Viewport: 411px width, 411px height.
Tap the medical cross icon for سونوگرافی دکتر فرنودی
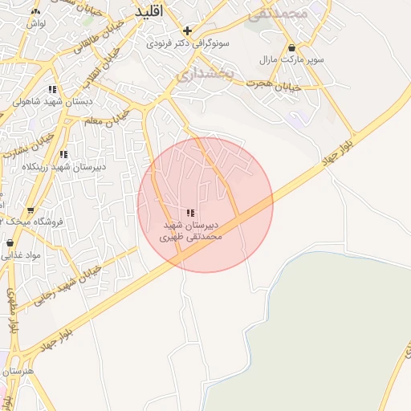click(187, 31)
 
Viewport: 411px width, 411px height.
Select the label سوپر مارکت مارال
click(279, 59)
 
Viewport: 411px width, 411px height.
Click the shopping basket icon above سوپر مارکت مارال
click(291, 47)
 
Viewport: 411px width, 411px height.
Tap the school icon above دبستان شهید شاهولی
click(52, 90)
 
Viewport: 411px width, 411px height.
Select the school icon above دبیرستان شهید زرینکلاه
click(63, 153)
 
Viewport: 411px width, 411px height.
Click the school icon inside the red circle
click(190, 213)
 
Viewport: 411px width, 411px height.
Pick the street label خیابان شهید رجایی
click(68, 284)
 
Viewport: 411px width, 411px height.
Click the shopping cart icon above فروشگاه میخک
click(31, 210)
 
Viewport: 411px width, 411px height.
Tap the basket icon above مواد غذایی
click(10, 242)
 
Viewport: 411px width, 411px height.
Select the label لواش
click(34, 24)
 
